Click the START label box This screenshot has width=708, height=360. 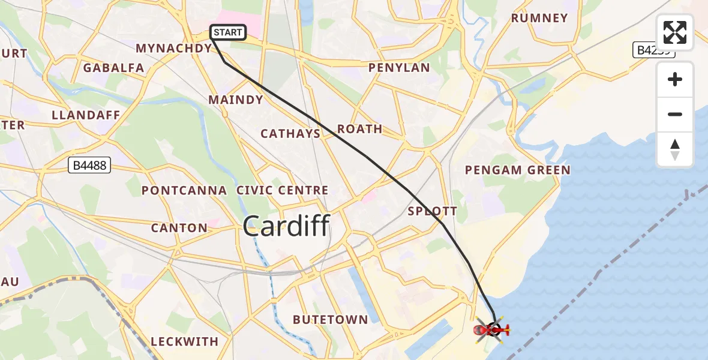[x=228, y=32]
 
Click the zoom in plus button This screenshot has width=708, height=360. [x=675, y=79]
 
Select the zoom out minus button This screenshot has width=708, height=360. [x=675, y=114]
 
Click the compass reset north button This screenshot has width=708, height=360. [x=675, y=149]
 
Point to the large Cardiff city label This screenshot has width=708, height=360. [x=286, y=227]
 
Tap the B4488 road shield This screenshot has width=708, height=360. [x=89, y=166]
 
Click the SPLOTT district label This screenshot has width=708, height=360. [x=432, y=211]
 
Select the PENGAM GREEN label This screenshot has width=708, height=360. [x=518, y=170]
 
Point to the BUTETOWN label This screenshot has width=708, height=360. [x=330, y=320]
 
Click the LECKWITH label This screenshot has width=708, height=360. [x=184, y=341]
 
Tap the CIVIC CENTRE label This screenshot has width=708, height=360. [x=282, y=190]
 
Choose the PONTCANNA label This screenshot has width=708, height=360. [x=184, y=191]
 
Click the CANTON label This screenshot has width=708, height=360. [x=179, y=228]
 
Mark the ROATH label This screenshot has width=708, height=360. [x=359, y=129]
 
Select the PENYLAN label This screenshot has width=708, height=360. [x=399, y=68]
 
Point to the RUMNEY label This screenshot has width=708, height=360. [x=539, y=18]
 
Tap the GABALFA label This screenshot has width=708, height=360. [x=113, y=68]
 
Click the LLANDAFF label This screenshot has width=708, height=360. [x=86, y=115]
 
